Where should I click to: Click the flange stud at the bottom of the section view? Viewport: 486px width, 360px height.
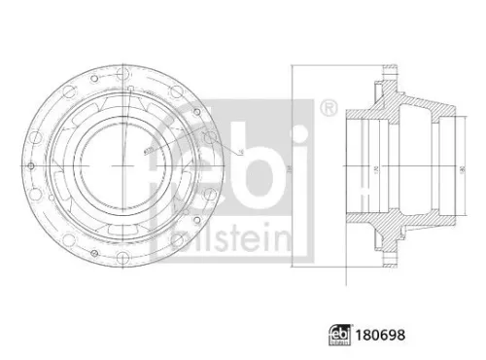point(390,261)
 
